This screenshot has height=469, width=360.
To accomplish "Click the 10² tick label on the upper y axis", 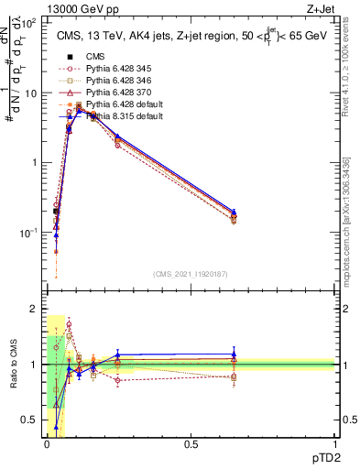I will coord(27,23).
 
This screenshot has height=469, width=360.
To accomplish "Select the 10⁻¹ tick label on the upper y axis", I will coord(27,233).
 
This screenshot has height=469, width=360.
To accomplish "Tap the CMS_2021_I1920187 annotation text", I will coord(190,273).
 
